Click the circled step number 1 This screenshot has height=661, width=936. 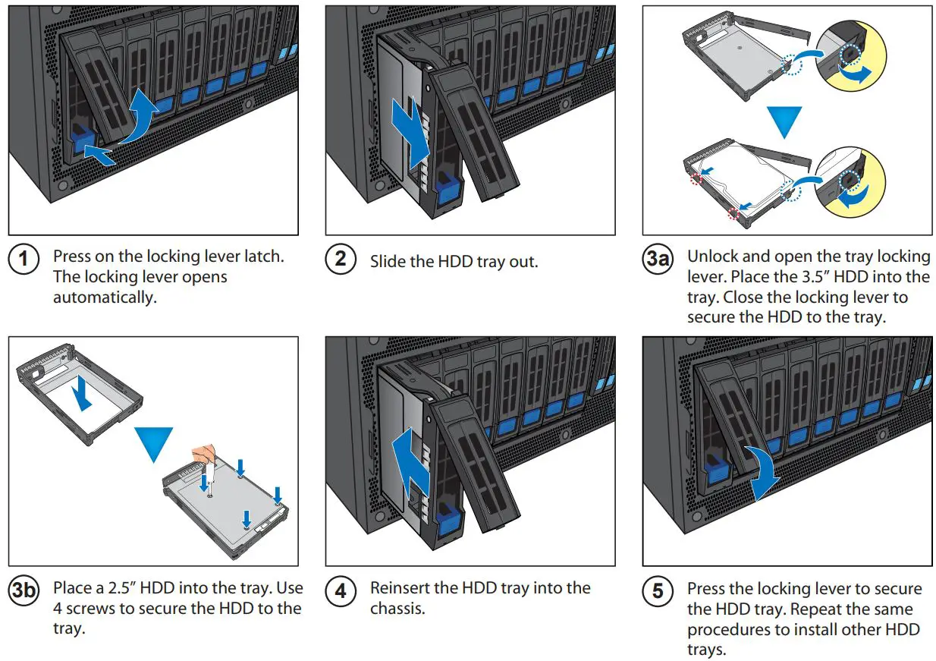point(24,259)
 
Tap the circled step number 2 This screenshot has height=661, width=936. point(341,259)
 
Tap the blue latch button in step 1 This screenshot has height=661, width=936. point(82,139)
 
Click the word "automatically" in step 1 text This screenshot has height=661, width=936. point(105,297)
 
